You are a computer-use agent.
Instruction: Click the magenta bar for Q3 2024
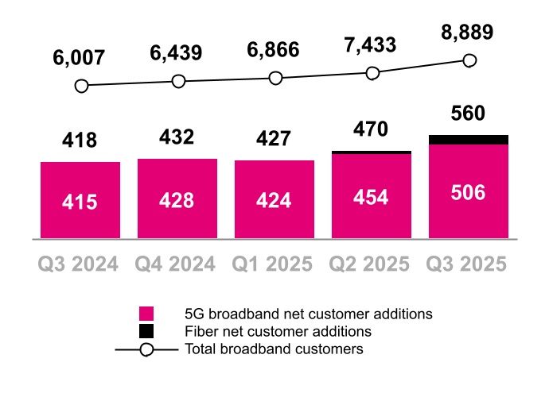(80, 200)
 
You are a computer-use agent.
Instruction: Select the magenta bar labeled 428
(177, 198)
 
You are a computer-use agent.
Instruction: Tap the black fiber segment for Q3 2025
(469, 140)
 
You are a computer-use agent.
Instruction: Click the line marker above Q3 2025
(469, 60)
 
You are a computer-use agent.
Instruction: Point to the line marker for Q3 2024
(80, 85)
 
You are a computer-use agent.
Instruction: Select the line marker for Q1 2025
(275, 78)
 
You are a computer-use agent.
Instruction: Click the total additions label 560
(468, 114)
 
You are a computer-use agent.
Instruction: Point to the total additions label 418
(80, 141)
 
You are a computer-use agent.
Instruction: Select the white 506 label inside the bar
(469, 192)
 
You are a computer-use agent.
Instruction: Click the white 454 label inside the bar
(372, 198)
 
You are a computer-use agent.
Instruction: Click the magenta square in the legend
(146, 314)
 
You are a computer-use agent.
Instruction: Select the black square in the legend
(146, 331)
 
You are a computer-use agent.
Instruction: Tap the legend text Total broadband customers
(274, 349)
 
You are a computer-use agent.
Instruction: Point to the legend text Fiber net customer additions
(278, 331)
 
